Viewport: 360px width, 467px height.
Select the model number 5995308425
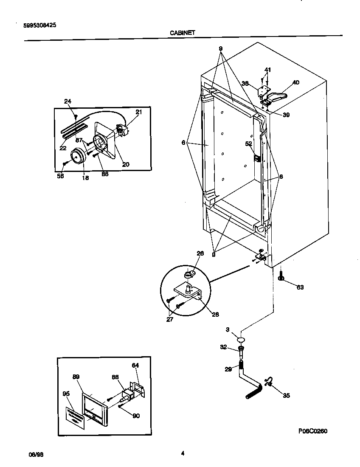tap(39, 25)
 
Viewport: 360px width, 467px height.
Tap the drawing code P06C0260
tap(312, 431)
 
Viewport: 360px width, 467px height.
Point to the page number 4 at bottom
tap(183, 453)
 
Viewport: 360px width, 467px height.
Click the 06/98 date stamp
tap(36, 454)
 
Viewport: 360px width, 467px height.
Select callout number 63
tap(300, 287)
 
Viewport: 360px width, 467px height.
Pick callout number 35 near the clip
tap(286, 395)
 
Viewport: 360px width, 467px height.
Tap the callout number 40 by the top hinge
tap(295, 82)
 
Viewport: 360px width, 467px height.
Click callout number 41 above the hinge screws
tap(267, 70)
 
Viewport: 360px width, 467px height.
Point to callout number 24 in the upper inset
tap(68, 101)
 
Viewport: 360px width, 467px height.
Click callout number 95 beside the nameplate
tap(66, 394)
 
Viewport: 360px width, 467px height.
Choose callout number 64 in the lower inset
tap(135, 365)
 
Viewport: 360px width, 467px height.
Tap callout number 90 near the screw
tap(136, 416)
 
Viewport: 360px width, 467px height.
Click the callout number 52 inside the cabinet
tap(249, 143)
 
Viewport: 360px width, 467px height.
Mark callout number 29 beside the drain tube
tap(228, 369)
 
